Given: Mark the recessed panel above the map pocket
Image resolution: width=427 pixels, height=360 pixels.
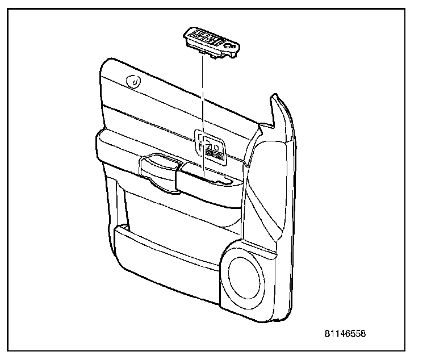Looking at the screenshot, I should click(182, 213).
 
